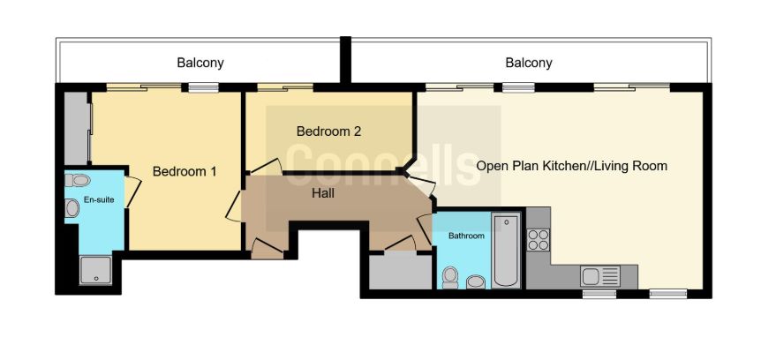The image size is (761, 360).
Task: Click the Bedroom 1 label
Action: click(x=185, y=171)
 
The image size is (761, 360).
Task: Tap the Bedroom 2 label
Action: click(x=328, y=131)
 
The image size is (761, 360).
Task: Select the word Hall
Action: click(x=323, y=193)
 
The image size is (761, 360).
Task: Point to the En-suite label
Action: click(x=99, y=199)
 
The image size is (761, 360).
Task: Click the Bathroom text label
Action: click(x=466, y=236)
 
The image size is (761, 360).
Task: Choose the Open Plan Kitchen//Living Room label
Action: click(x=571, y=166)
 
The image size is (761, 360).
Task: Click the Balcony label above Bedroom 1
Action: click(x=200, y=63)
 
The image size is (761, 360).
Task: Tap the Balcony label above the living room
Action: click(x=529, y=63)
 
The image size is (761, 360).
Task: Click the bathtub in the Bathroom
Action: click(x=506, y=251)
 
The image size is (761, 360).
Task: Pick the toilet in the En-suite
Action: click(x=78, y=181)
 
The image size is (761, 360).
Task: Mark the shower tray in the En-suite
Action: click(x=95, y=270)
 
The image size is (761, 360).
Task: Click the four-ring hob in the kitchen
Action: click(x=539, y=240)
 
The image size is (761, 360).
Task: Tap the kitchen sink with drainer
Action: click(x=599, y=276)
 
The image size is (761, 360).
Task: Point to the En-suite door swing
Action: click(x=132, y=192)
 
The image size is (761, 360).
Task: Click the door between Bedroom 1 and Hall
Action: click(x=235, y=206)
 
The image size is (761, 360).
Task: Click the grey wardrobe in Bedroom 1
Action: click(x=78, y=128)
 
